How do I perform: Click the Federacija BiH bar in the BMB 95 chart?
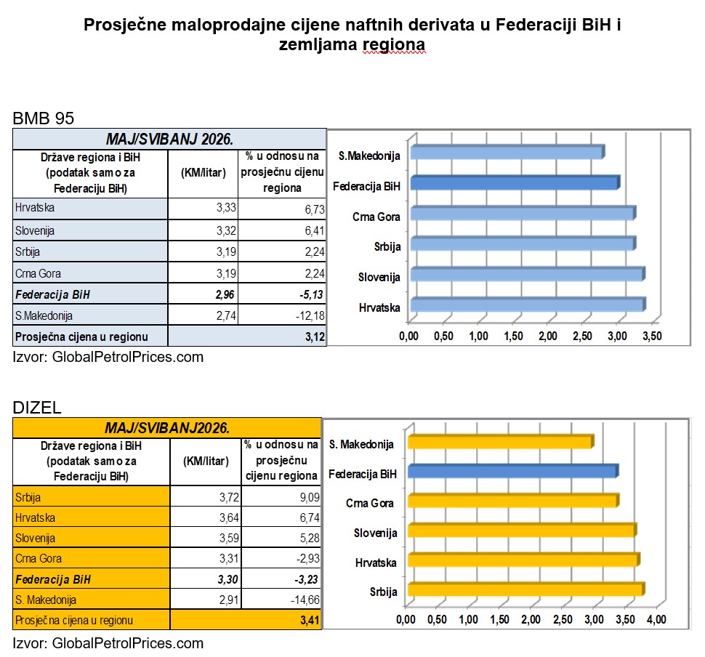515,182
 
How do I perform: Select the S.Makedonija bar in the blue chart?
507,152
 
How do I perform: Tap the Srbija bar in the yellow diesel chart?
526,589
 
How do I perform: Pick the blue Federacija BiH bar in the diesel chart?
513,471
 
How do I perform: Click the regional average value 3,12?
315,336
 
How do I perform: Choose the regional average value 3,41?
310,621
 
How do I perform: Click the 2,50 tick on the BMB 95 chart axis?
582,336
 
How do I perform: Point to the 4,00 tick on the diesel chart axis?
656,619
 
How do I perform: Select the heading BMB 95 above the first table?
43,118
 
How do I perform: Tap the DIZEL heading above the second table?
37,408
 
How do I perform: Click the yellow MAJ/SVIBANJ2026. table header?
167,427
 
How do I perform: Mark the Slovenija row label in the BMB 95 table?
35,230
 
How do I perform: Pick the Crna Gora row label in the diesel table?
39,558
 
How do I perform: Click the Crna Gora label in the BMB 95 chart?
376,217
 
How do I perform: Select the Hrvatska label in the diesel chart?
376,563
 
